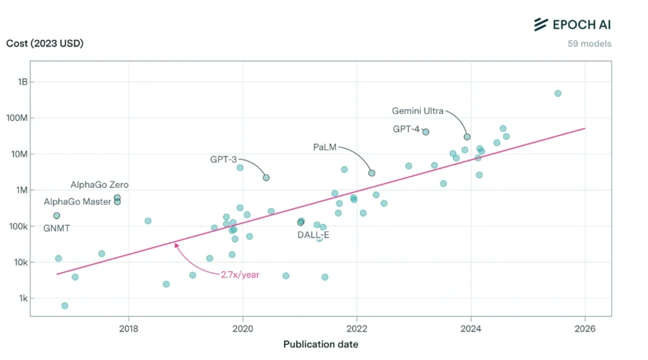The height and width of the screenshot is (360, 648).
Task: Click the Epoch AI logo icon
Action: click(x=540, y=25)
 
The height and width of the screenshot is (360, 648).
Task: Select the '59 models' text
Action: click(x=590, y=44)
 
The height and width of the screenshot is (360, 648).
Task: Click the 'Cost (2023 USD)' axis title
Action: click(x=45, y=44)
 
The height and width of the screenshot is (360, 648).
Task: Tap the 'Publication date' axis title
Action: click(x=320, y=344)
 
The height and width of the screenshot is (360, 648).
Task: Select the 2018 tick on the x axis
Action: click(x=128, y=328)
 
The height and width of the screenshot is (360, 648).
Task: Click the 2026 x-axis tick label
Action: click(x=585, y=328)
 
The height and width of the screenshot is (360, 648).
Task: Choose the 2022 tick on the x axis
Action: click(x=357, y=328)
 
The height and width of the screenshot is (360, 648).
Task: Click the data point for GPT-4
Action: click(x=426, y=132)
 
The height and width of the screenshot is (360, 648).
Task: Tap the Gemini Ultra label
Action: click(x=418, y=111)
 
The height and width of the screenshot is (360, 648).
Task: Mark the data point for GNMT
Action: click(x=56, y=216)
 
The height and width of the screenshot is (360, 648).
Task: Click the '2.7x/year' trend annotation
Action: click(x=240, y=275)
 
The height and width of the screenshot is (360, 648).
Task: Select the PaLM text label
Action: click(x=325, y=147)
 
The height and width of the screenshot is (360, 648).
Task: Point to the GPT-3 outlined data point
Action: click(x=266, y=178)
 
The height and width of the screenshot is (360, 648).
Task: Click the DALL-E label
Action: click(x=313, y=235)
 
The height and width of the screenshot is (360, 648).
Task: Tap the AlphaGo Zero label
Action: click(x=99, y=185)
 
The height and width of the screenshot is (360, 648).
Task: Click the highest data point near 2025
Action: click(x=558, y=93)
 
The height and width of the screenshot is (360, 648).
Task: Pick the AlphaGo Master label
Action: click(x=78, y=202)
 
